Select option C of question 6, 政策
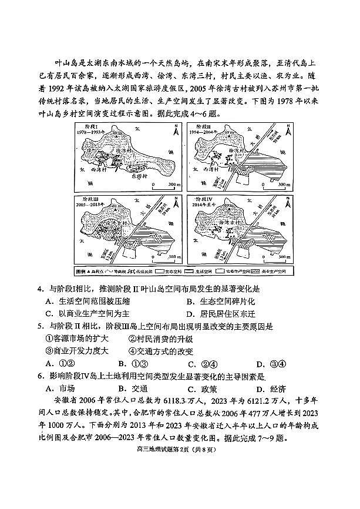click(x=202, y=389)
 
